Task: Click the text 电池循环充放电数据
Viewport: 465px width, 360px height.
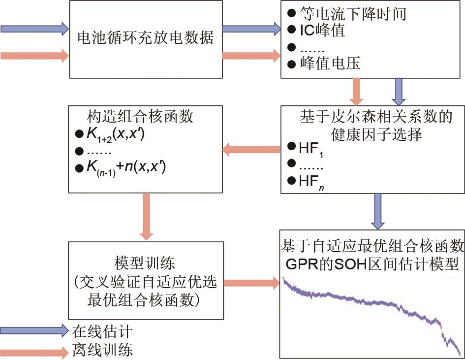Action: point(146,38)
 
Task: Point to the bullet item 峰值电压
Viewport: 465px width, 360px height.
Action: point(330,64)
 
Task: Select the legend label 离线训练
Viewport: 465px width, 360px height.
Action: point(102,351)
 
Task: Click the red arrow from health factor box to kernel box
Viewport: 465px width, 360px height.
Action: point(251,148)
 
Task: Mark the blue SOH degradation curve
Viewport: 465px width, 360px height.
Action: point(369,300)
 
